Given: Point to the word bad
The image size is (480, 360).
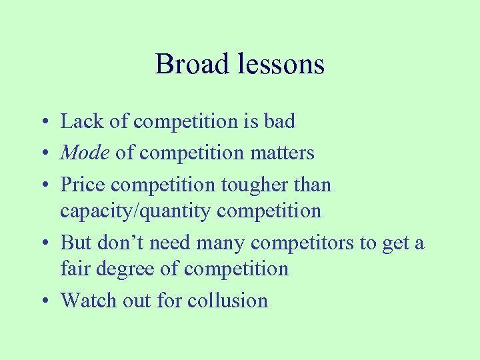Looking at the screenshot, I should tap(279, 121).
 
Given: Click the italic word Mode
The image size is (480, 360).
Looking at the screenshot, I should tap(85, 153).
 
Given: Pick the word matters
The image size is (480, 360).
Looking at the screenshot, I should tap(281, 153).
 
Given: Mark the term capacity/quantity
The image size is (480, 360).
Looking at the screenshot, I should tap(133, 211).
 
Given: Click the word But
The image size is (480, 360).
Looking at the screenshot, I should tap(76, 243).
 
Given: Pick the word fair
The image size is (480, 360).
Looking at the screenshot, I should tap(73, 269).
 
